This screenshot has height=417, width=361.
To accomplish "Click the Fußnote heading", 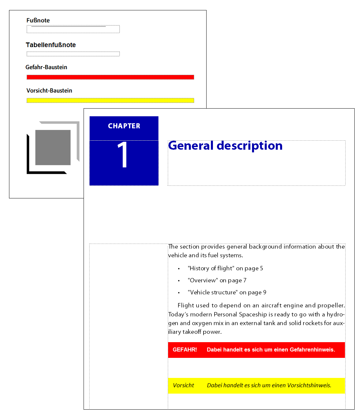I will pyautogui.click(x=38, y=20).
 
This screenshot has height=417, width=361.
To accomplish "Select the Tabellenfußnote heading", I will pyautogui.click(x=51, y=45).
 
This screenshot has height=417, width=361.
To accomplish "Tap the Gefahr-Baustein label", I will pyautogui.click(x=46, y=67).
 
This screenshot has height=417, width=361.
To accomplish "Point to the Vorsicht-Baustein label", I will pyautogui.click(x=49, y=91).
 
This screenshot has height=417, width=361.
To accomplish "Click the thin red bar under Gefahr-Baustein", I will pyautogui.click(x=110, y=77).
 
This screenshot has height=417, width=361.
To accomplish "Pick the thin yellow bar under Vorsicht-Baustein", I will pyautogui.click(x=110, y=100).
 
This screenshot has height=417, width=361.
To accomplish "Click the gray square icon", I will pyautogui.click(x=53, y=147).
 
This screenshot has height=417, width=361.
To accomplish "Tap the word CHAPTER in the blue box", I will pyautogui.click(x=124, y=126).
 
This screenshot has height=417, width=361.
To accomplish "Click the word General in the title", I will pyautogui.click(x=191, y=146).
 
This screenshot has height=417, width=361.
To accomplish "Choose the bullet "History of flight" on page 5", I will pyautogui.click(x=225, y=268).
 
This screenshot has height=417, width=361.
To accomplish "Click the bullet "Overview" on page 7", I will pyautogui.click(x=217, y=280).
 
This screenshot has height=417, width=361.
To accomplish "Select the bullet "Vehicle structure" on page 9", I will pyautogui.click(x=227, y=292).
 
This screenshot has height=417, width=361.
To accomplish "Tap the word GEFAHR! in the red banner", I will pyautogui.click(x=185, y=350).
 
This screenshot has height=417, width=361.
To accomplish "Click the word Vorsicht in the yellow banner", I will pyautogui.click(x=184, y=385).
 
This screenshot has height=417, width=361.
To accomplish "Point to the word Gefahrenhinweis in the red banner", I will pyautogui.click(x=312, y=350).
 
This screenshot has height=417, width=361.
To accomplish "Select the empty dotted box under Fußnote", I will pyautogui.click(x=73, y=29).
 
